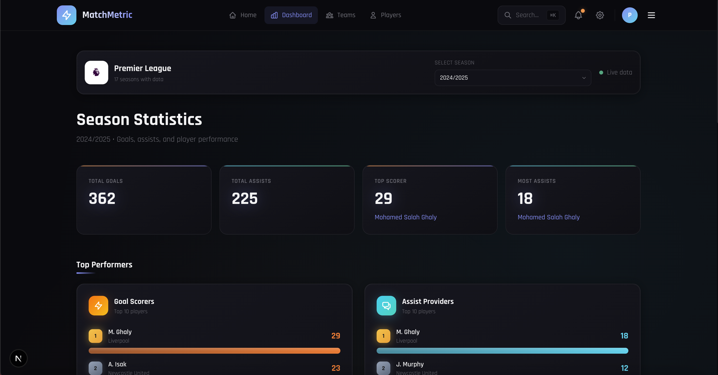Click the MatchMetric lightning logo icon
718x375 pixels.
[x=66, y=15]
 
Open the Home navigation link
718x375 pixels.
[x=242, y=15]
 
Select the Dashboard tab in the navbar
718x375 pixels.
[x=291, y=15]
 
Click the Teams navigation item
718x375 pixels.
[x=341, y=15]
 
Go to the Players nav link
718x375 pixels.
[x=385, y=15]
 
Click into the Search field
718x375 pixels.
[x=527, y=15]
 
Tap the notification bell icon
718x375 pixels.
[x=578, y=15]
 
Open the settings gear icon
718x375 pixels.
[x=600, y=15]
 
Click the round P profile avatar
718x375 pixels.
[x=629, y=15]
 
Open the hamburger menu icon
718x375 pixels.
[x=651, y=15]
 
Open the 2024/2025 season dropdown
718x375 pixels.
[x=512, y=78]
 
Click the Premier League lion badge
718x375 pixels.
[x=96, y=72]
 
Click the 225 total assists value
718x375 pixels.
[x=244, y=198]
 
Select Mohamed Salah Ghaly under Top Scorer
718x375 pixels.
[x=405, y=217]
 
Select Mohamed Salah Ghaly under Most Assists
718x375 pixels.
[x=548, y=217]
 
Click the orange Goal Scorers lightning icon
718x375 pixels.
[x=98, y=306]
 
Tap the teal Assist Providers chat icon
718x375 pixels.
[x=386, y=306]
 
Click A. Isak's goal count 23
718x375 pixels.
[x=335, y=368]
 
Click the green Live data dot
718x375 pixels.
[x=601, y=73]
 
